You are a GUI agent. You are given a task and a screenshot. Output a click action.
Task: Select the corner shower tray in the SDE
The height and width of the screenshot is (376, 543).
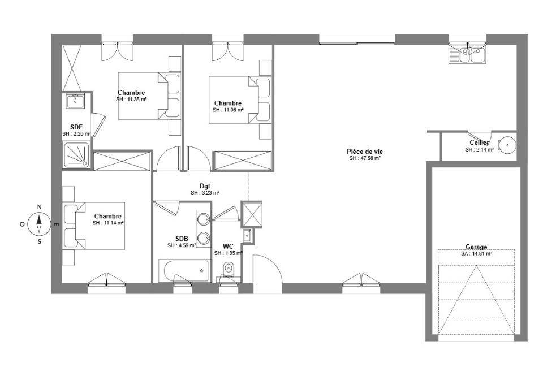click(76, 155)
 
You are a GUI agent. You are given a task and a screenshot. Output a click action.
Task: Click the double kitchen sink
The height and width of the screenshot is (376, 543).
click(467, 55)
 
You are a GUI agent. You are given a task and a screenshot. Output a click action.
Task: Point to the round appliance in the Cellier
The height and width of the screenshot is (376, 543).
click(507, 145)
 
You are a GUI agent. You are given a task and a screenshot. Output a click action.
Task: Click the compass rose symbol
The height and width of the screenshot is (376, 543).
click(39, 223)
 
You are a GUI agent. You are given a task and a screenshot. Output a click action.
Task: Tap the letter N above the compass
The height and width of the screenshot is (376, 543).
click(39, 207)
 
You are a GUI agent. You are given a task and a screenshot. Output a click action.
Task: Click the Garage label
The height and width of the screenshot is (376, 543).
click(476, 247)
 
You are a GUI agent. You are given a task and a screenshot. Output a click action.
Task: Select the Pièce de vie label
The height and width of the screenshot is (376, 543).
click(365, 152)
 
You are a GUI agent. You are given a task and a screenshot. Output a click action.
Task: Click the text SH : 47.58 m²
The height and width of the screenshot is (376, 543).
click(365, 158)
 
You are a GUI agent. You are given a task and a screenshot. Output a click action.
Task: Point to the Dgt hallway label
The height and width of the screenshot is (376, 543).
click(205, 186)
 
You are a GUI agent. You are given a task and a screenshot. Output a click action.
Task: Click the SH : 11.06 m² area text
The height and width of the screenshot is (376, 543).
click(228, 110)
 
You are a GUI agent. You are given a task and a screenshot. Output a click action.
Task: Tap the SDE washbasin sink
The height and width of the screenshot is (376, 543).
click(75, 101)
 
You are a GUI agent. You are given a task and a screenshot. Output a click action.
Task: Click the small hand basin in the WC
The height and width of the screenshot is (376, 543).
click(247, 235)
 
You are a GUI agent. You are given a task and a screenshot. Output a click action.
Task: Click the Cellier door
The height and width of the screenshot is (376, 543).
click(479, 135)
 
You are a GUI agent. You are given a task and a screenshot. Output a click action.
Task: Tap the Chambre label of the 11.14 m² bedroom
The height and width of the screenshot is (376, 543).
click(107, 217)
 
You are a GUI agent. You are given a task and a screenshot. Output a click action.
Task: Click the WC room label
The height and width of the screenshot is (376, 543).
click(228, 247)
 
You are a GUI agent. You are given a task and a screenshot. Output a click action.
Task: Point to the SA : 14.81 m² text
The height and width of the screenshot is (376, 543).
click(476, 253)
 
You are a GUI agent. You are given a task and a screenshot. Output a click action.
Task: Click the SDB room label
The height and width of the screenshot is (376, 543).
click(182, 239)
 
